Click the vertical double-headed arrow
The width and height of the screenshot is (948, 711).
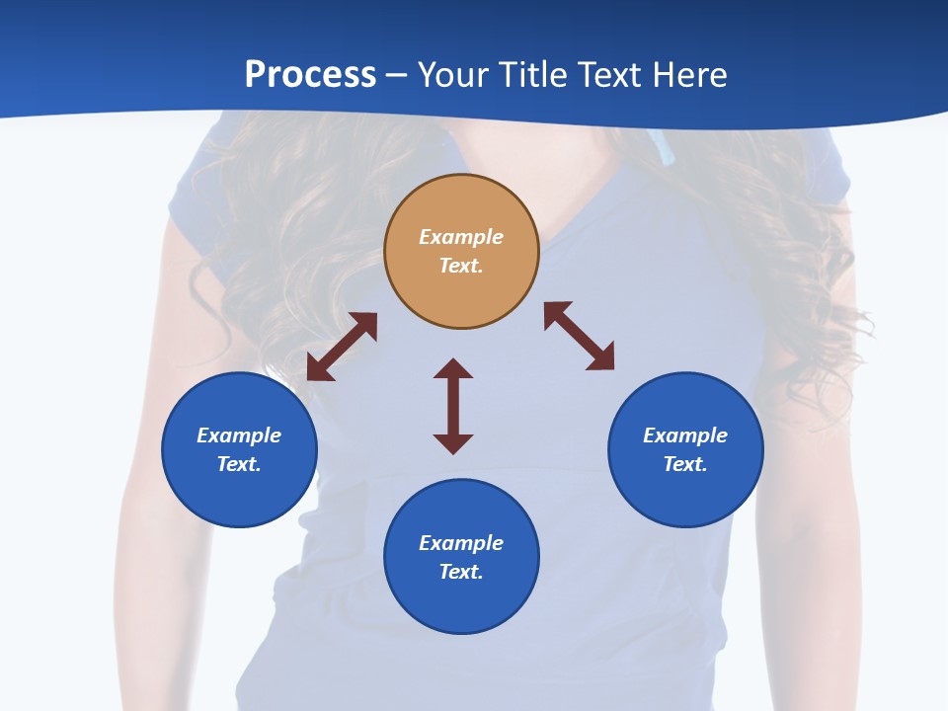(453, 406)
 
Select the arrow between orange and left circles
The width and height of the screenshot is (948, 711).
(342, 347)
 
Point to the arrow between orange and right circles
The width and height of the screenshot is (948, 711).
(579, 336)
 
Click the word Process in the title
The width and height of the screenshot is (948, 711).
(310, 74)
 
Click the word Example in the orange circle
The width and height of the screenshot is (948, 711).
(461, 237)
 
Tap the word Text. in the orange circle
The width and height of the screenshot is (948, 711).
(461, 266)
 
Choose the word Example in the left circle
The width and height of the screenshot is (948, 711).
(239, 435)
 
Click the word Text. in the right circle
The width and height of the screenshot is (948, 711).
(685, 464)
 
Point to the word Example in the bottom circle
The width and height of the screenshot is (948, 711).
(461, 543)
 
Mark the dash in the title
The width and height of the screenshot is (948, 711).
(397, 75)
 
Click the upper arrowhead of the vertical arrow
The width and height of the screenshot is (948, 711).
(453, 369)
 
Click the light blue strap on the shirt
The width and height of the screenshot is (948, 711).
(668, 148)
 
